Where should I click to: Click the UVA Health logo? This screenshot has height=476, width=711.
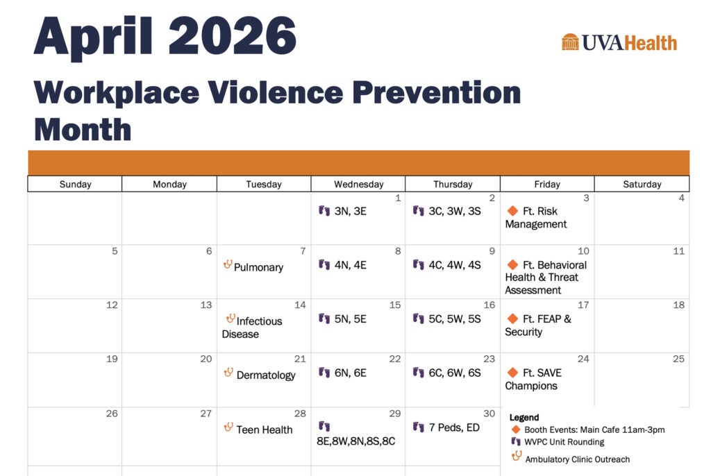click(619, 42)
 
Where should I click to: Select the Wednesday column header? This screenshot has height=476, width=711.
click(358, 184)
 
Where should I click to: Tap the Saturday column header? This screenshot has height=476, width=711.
click(642, 184)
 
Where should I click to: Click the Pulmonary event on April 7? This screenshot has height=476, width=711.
click(258, 267)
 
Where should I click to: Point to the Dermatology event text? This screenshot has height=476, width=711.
click(266, 375)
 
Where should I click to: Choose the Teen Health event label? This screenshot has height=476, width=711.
click(264, 430)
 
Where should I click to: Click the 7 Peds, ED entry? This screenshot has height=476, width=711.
click(454, 427)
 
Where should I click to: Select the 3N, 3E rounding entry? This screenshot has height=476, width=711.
click(350, 211)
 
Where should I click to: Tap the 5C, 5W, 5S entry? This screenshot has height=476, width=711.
click(454, 319)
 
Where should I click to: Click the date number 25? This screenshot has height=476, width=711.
click(678, 359)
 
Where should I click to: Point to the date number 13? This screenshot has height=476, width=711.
click(206, 305)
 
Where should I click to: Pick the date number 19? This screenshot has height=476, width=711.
click(111, 359)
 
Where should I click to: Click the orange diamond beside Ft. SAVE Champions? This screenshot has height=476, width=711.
click(512, 373)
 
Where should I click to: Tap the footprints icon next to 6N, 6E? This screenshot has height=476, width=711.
click(324, 373)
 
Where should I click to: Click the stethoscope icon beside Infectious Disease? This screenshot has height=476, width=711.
click(231, 318)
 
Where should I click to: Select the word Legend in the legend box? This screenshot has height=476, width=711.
click(524, 418)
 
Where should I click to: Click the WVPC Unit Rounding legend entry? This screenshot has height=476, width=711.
click(564, 442)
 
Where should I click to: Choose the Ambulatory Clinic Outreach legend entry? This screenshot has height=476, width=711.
click(577, 459)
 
